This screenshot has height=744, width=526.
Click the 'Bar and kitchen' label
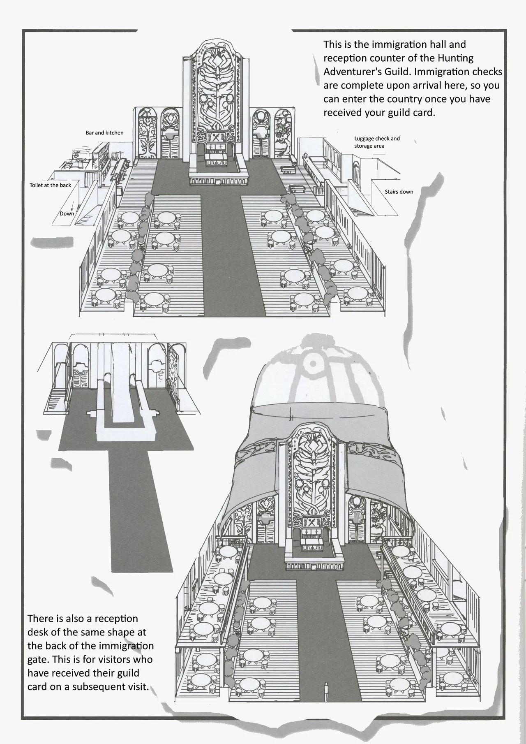pyautogui.click(x=104, y=133)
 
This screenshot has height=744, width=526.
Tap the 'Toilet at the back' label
pyautogui.click(x=50, y=185)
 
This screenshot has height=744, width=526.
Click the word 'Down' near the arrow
pyautogui.click(x=67, y=213)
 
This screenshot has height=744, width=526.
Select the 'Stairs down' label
pyautogui.click(x=399, y=192)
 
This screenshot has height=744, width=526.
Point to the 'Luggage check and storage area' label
pyautogui.click(x=377, y=142)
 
